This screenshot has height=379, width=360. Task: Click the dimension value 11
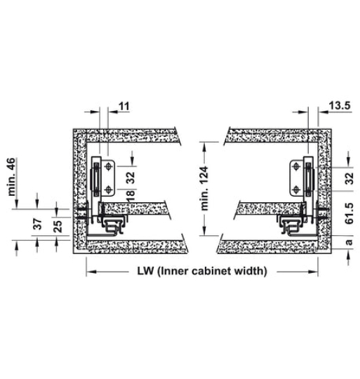125,106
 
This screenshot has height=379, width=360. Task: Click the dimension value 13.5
340,105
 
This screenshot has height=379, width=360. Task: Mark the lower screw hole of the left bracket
108,189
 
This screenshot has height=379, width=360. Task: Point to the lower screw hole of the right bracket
297,189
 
